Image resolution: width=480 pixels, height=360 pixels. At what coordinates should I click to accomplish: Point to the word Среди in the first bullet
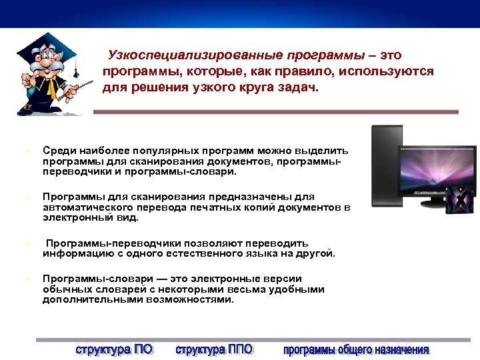[x=57, y=151]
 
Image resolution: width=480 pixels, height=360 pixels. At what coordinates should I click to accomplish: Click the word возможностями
[x=189, y=299]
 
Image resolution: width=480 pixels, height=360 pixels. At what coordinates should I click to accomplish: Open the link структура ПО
[x=114, y=349]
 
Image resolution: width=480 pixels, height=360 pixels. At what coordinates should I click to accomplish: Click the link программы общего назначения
[x=357, y=349]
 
